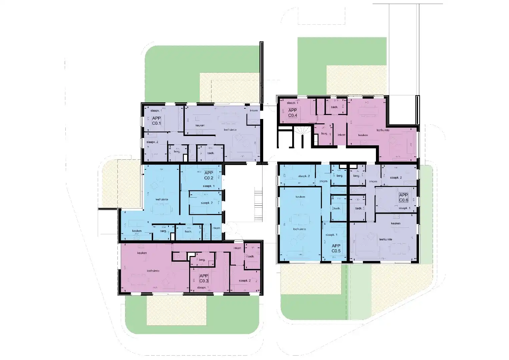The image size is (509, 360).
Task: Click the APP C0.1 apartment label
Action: pos(156,121)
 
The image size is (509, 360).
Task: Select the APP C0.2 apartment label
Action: pos(209,175)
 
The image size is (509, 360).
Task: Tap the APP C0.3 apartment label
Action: pos(203,278)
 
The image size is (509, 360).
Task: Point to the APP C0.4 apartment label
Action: pos(293,113)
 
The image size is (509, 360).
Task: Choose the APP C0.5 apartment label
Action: pos(336,248)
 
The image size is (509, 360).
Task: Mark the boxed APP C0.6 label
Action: pos(404,198)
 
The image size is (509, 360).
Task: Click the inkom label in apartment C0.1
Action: pos(253,110)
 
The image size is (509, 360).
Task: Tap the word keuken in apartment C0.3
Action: pos(142,253)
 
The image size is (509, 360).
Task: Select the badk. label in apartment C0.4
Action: pos(335,107)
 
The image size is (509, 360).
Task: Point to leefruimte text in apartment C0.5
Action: pos(300,229)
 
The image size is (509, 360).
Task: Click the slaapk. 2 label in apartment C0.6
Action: pos(396,178)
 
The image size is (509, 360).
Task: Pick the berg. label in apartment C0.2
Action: pos(163,231)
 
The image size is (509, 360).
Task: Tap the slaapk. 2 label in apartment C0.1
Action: pos(152,142)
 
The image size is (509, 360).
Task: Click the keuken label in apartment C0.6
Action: pos(396,223)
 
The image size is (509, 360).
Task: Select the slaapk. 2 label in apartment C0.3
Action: pos(245,281)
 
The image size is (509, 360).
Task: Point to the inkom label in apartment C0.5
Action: pos(323,181)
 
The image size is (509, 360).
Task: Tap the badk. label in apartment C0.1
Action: pos(210,153)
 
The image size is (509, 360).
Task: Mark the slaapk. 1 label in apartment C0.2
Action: pos(208,186)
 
